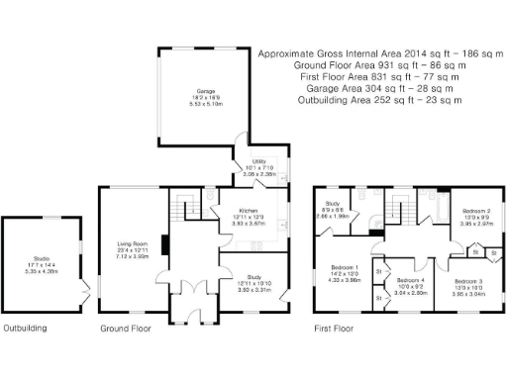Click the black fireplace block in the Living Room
(x=165, y=242)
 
